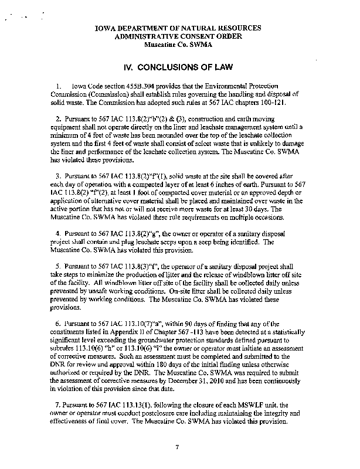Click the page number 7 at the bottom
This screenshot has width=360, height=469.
coord(176,448)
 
